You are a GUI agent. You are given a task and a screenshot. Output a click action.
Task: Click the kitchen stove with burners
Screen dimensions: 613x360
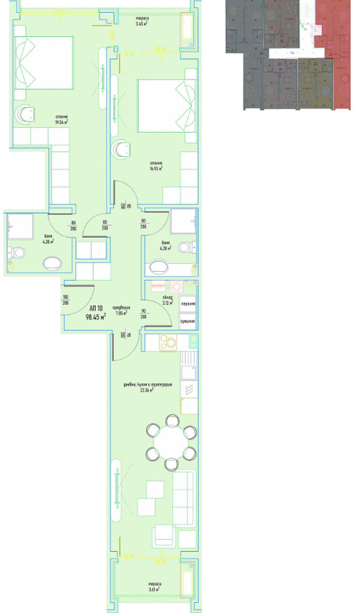168,342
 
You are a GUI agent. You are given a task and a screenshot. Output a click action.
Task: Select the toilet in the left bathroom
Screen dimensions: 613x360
17,253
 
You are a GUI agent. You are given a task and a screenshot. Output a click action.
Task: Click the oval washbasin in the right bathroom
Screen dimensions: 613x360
160,268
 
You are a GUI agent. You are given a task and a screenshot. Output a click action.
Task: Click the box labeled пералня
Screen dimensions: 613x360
188,303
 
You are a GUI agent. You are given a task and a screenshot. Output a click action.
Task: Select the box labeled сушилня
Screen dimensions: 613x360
188,322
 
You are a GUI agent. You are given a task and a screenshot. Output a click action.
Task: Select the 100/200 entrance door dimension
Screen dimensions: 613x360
66,300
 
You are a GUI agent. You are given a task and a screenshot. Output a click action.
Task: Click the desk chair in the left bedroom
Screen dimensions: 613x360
27,114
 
